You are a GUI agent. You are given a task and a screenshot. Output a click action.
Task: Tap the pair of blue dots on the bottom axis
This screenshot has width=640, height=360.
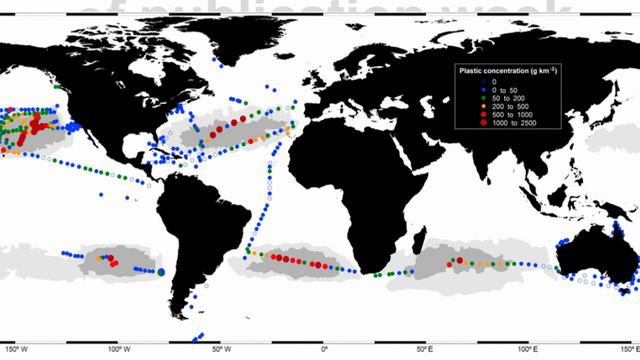[200, 337]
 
